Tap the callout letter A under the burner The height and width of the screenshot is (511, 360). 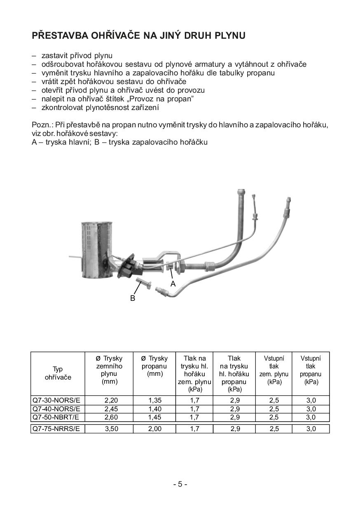point(173,284)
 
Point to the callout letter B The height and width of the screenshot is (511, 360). point(133,298)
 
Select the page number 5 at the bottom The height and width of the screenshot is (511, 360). point(180,484)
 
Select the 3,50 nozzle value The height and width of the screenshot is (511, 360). point(111,429)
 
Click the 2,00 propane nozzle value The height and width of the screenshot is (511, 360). point(155,429)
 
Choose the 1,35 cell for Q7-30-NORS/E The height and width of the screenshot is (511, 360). point(155,400)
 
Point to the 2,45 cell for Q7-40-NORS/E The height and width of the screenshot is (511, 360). point(111,409)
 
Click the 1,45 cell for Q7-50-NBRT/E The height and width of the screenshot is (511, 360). point(155,417)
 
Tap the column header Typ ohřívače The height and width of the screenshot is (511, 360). point(58,373)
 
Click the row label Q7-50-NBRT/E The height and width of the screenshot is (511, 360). point(56,417)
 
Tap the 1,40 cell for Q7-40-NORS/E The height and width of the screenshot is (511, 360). point(155,409)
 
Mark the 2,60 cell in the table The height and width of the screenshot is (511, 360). point(111,417)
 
